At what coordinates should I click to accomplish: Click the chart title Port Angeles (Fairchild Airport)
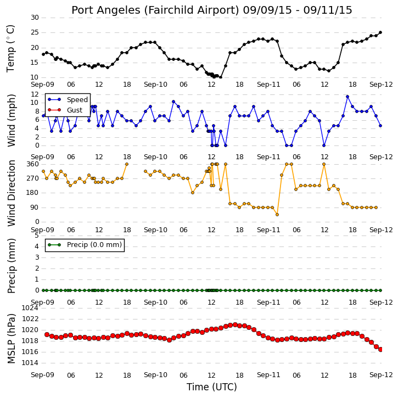tap(155, 10)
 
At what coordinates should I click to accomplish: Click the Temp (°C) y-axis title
tap(10, 48)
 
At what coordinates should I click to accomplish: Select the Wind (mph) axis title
tap(11, 120)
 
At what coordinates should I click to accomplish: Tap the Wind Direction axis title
tap(11, 193)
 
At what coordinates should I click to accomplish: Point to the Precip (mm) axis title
tap(11, 266)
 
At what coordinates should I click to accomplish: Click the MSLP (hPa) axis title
tap(11, 339)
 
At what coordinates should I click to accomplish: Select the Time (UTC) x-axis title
tap(212, 387)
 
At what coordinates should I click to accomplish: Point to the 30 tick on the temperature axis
tap(35, 18)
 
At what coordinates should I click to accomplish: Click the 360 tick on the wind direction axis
tap(33, 164)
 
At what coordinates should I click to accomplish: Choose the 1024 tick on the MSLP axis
tap(30, 308)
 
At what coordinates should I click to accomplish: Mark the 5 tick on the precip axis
tap(37, 236)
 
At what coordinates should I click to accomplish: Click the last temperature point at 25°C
tap(380, 32)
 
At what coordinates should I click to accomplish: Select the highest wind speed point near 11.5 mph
tap(347, 97)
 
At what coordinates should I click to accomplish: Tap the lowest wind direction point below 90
tap(277, 215)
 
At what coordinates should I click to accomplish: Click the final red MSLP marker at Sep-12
tap(380, 350)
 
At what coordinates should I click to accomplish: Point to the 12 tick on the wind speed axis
tap(35, 94)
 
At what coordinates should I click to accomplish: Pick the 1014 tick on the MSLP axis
tap(30, 363)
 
